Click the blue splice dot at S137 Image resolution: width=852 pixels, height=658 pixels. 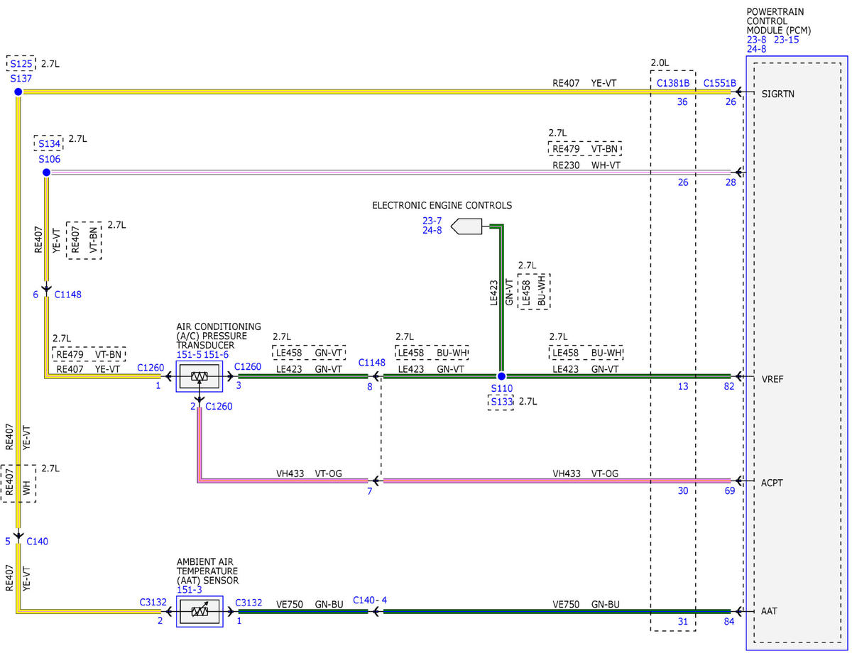pyautogui.click(x=18, y=92)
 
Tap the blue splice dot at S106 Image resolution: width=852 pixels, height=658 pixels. pyautogui.click(x=46, y=172)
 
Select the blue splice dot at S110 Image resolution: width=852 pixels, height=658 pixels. pyautogui.click(x=501, y=376)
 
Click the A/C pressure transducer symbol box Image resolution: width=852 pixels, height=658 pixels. pyautogui.click(x=200, y=377)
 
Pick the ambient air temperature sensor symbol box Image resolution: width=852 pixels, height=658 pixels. pyautogui.click(x=200, y=611)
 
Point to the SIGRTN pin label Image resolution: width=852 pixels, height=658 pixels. pyautogui.click(x=778, y=94)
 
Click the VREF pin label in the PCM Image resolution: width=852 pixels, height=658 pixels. pyautogui.click(x=772, y=379)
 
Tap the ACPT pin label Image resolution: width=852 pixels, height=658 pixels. pyautogui.click(x=772, y=483)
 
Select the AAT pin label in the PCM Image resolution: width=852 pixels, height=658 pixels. pyautogui.click(x=769, y=611)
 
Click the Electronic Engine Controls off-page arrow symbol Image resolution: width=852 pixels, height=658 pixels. pyautogui.click(x=466, y=226)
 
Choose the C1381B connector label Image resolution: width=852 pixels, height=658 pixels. pyautogui.click(x=673, y=83)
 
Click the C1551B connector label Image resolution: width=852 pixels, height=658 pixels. pyautogui.click(x=719, y=83)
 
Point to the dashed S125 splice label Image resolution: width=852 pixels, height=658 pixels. pyautogui.click(x=21, y=63)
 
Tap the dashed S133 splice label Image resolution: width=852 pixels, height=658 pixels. pyautogui.click(x=501, y=402)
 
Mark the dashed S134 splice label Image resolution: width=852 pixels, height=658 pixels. pyautogui.click(x=48, y=143)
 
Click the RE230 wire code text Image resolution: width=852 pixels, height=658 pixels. pyautogui.click(x=566, y=165)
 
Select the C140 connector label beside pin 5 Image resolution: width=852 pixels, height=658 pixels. pyautogui.click(x=37, y=541)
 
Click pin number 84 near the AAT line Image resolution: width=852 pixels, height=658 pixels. pyautogui.click(x=729, y=621)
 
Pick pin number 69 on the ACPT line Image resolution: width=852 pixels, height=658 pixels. pyautogui.click(x=730, y=490)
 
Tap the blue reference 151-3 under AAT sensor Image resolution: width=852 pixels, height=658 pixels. pyautogui.click(x=190, y=590)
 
